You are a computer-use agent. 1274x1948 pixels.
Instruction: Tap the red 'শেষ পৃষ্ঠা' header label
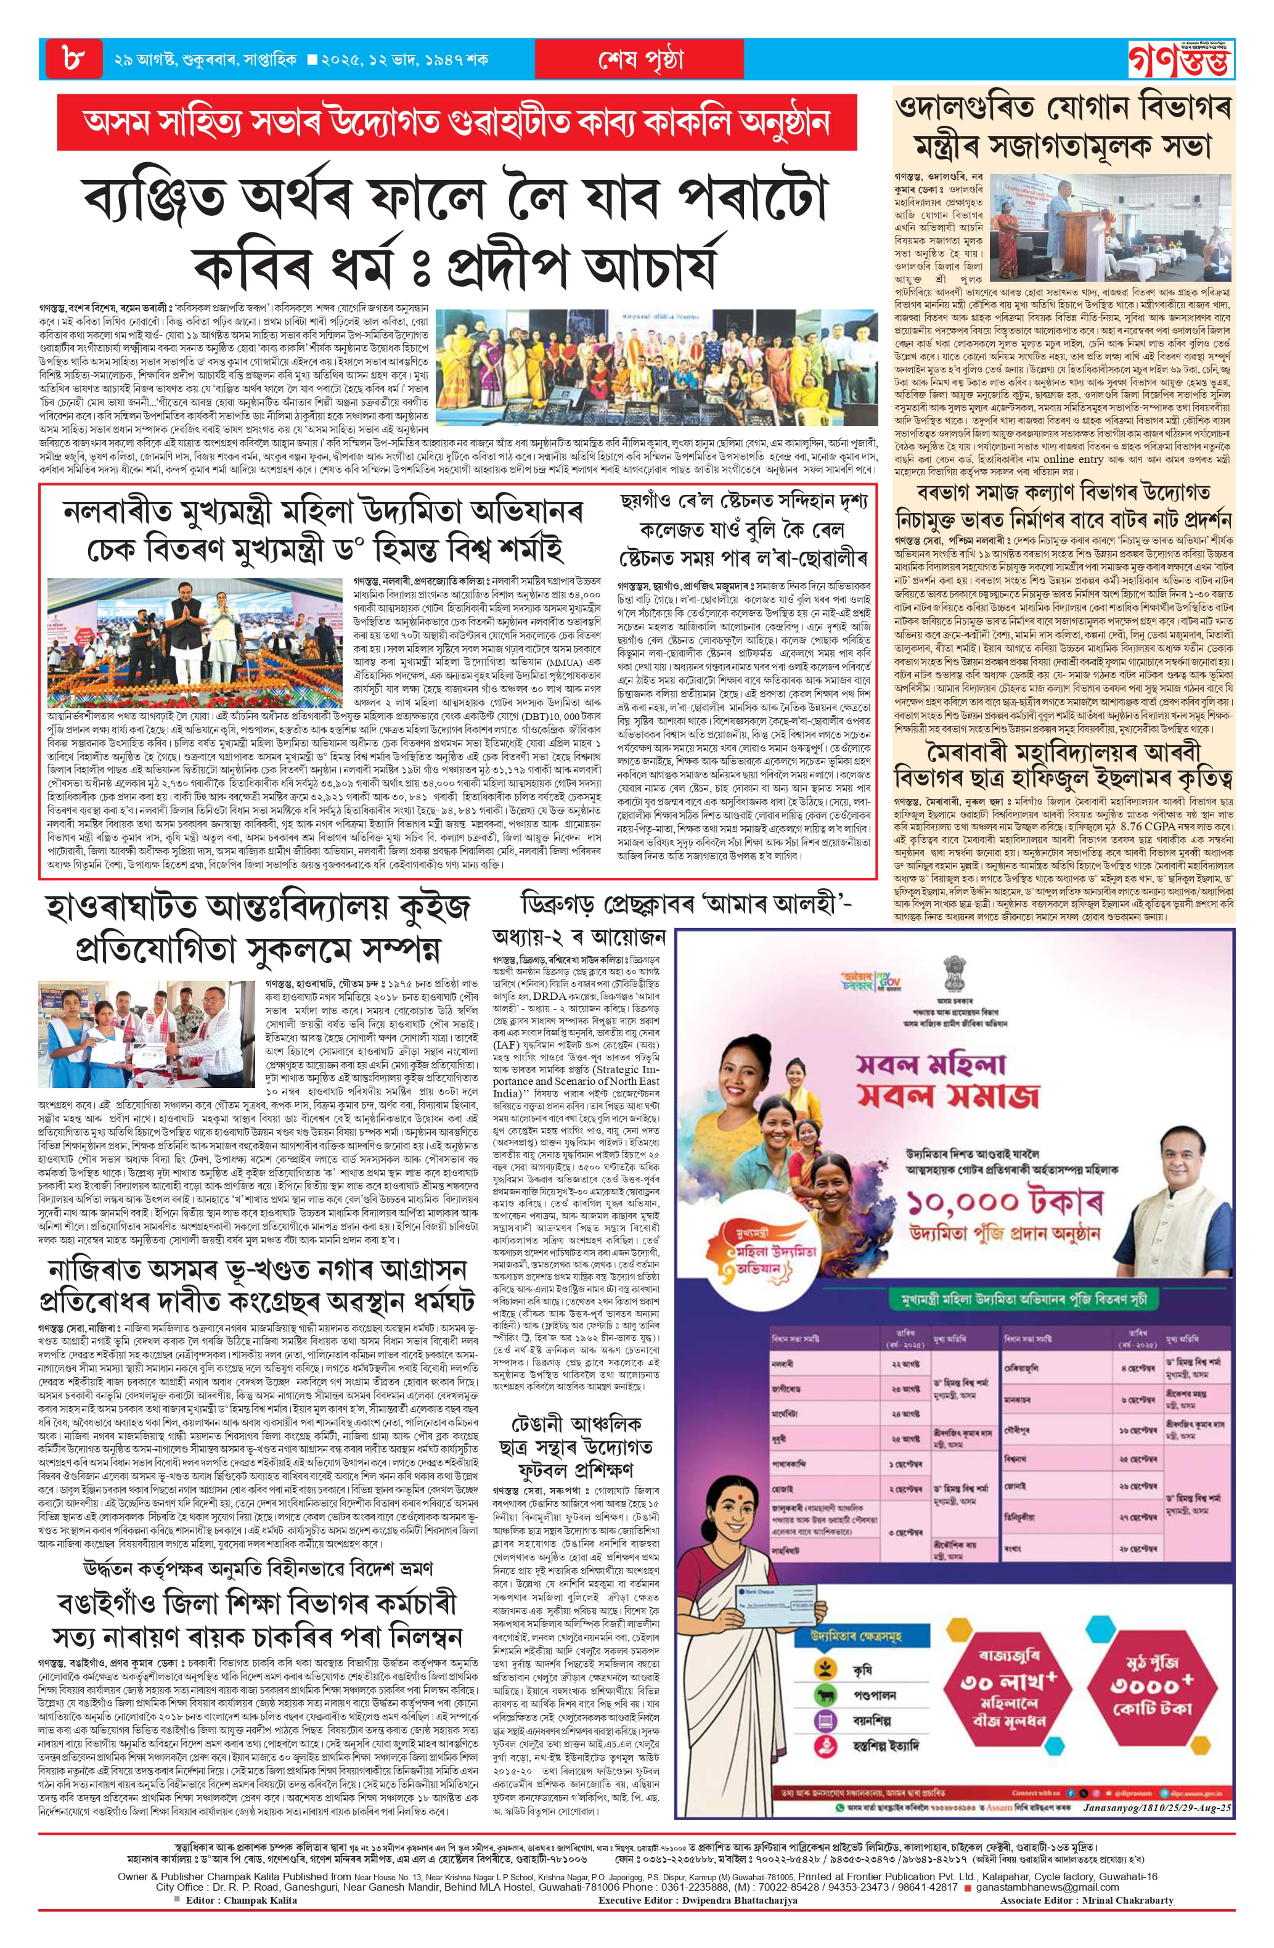[x=640, y=60]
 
